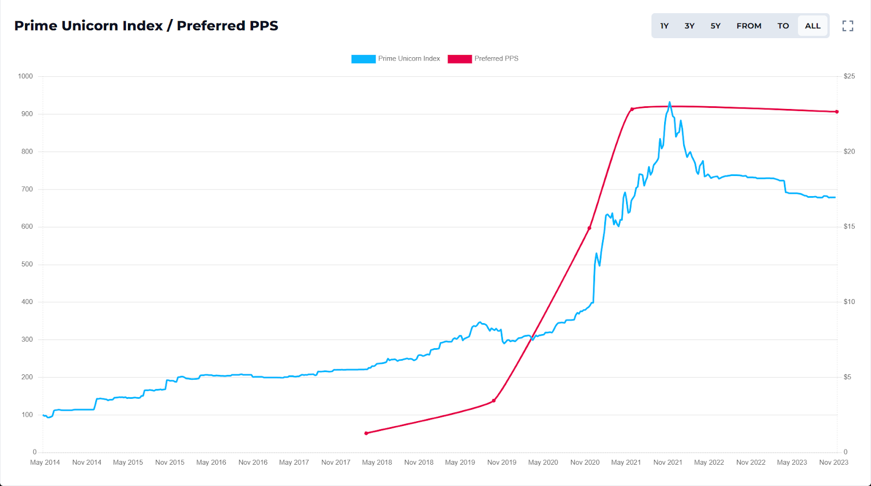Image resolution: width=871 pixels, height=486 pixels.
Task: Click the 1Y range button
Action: point(664,26)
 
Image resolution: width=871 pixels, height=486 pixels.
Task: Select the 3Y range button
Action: point(689,26)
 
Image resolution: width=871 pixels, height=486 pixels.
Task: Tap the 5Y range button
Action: point(715,26)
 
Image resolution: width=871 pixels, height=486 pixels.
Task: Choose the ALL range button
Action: point(812,26)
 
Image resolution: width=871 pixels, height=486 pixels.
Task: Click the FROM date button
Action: point(749,26)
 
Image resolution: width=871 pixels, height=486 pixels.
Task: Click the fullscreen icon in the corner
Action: point(848,26)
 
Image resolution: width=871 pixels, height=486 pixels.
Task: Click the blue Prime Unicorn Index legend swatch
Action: point(363,59)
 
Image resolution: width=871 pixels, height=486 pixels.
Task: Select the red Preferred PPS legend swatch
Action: point(459,59)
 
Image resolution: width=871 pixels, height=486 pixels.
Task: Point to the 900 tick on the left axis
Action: point(27,114)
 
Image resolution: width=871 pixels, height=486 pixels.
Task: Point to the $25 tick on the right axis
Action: point(849,76)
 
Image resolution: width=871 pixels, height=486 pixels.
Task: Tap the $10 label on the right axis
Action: point(849,302)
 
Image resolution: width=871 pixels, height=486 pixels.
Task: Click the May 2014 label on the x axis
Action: point(45,463)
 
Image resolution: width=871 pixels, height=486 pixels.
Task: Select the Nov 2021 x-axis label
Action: point(667,463)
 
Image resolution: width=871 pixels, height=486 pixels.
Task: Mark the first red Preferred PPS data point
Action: point(366,433)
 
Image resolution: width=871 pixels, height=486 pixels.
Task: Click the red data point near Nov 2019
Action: point(494,400)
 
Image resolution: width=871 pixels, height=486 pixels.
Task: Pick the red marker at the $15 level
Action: point(589,228)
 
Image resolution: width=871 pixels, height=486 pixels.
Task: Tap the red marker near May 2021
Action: point(632,109)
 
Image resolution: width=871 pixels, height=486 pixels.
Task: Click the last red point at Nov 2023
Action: point(837,112)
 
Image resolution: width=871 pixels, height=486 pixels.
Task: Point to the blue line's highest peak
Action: point(670,102)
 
